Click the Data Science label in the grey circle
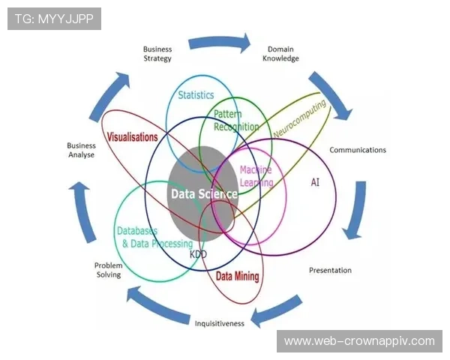point(204,193)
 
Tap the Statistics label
point(196,95)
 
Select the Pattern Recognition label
point(236,121)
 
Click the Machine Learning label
point(256,175)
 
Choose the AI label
point(315,182)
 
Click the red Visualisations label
point(132,138)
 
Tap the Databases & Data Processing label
point(154,238)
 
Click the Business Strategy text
point(157,54)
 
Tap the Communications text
point(358,150)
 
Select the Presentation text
point(330,270)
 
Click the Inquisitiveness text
point(220,324)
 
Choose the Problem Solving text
point(108,270)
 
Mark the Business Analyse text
point(81,150)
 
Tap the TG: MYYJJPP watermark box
point(54,19)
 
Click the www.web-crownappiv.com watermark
point(359,341)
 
